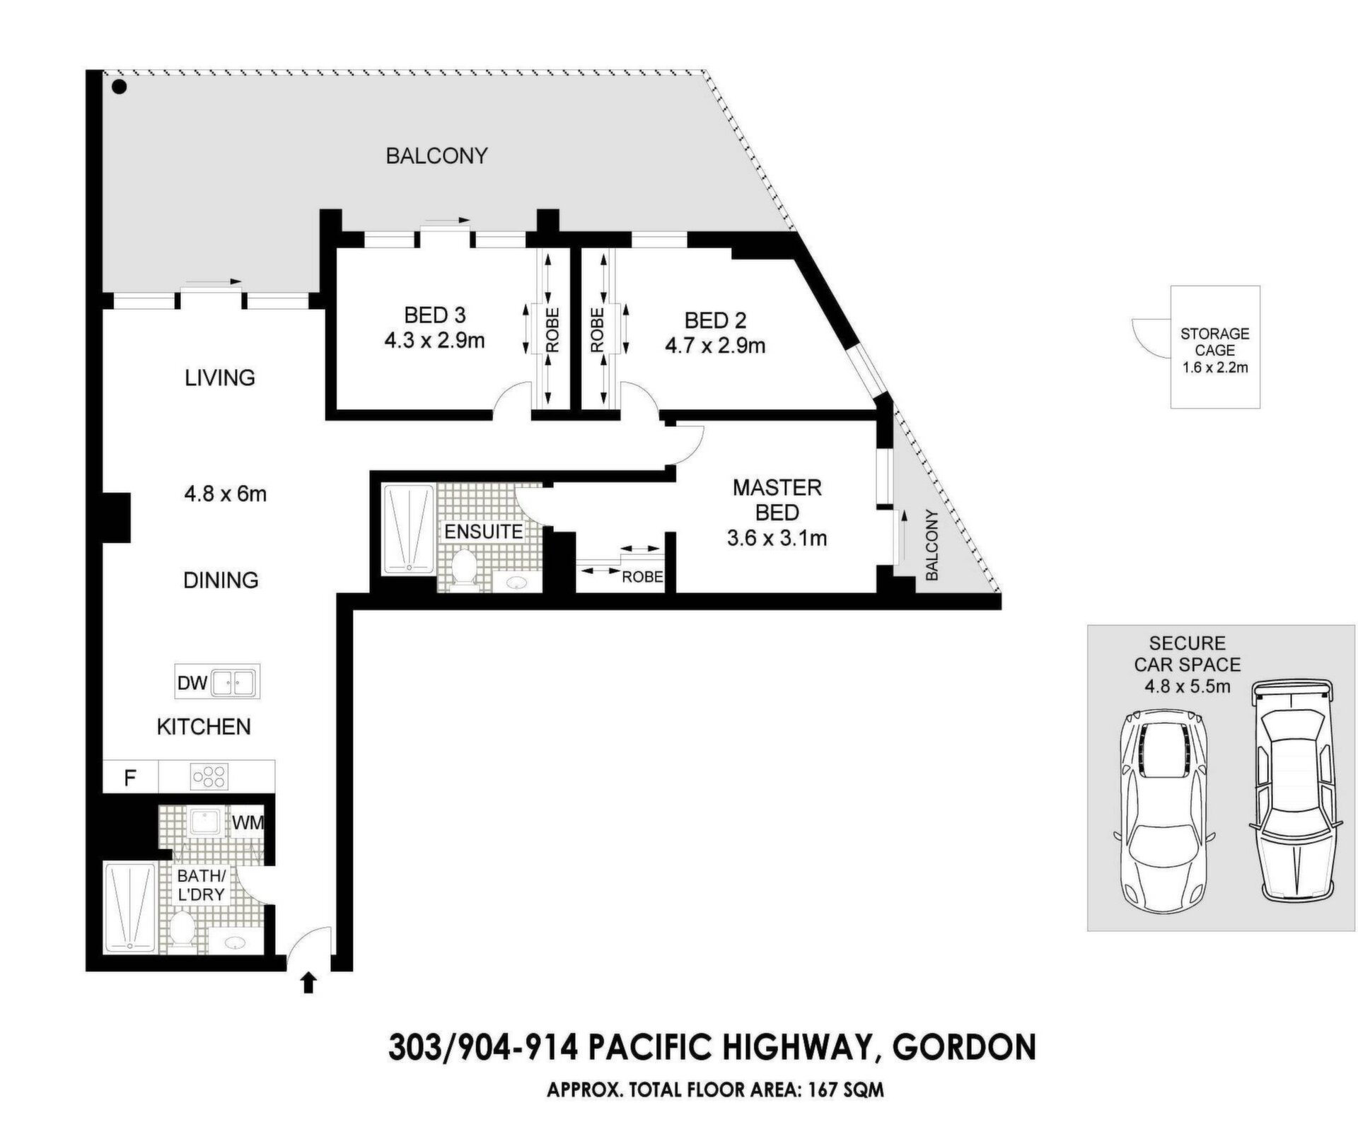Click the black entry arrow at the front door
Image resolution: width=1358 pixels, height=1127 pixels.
click(x=308, y=983)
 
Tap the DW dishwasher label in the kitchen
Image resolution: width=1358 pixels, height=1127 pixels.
click(x=192, y=683)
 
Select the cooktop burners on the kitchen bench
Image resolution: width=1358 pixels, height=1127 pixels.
click(x=209, y=777)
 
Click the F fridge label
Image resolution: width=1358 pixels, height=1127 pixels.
click(x=130, y=778)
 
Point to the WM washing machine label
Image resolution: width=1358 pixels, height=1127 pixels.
click(x=248, y=823)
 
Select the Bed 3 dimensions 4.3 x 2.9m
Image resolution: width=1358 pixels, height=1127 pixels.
click(x=434, y=341)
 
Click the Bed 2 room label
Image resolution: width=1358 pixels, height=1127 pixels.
click(x=715, y=320)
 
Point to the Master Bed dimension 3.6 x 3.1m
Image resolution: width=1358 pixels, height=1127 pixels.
click(x=777, y=538)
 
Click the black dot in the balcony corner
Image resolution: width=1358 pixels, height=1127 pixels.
click(x=120, y=88)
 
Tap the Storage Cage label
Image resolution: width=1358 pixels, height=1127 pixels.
click(x=1214, y=341)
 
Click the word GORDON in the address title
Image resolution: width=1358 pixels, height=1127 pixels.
click(x=965, y=1047)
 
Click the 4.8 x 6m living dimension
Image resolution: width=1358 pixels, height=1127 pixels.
click(x=225, y=494)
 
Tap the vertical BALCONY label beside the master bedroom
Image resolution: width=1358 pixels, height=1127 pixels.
click(x=932, y=545)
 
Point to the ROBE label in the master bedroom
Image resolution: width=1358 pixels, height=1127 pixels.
click(x=642, y=577)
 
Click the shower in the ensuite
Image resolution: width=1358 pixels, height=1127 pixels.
click(x=408, y=529)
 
